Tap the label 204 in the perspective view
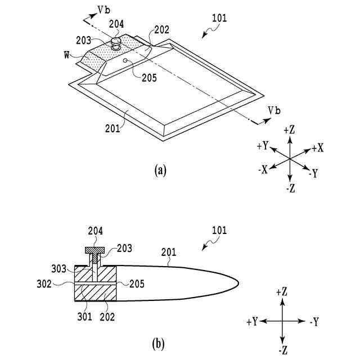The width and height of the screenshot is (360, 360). (116, 24)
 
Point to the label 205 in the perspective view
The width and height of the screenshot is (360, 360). (149, 79)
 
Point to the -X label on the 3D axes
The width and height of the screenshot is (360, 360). (263, 170)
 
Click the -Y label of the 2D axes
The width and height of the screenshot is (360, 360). (316, 322)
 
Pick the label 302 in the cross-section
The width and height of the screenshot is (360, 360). (58, 284)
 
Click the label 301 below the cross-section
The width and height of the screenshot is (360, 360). (82, 317)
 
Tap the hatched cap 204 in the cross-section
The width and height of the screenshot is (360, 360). (97, 250)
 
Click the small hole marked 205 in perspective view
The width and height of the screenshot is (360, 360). (124, 60)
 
